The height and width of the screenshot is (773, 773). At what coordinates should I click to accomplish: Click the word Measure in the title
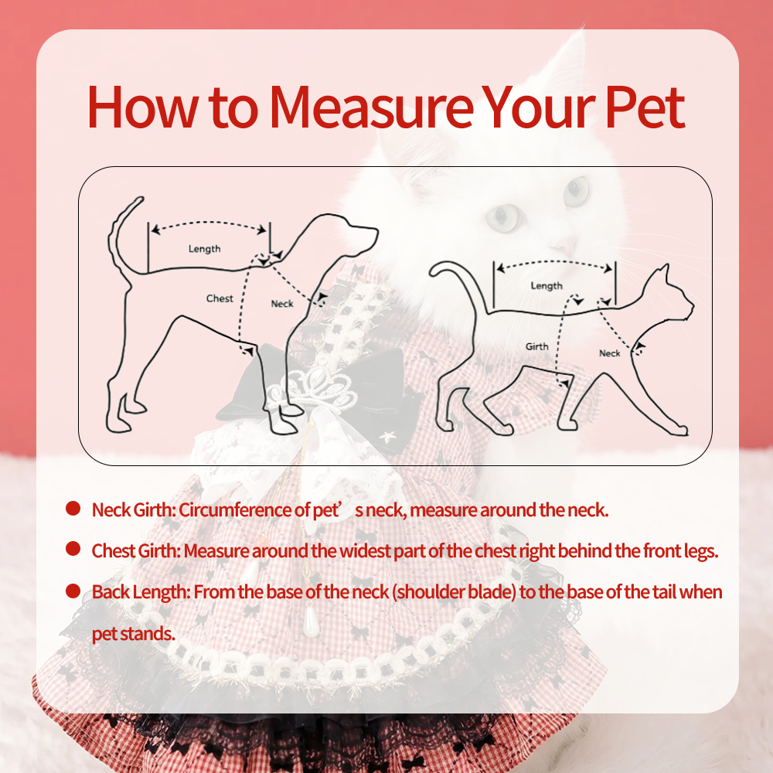[x=371, y=107]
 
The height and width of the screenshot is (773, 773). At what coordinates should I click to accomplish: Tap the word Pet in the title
[x=645, y=107]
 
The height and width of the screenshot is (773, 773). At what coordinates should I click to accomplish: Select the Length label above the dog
[x=205, y=249]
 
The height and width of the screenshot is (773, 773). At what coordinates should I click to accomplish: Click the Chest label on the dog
[x=220, y=298]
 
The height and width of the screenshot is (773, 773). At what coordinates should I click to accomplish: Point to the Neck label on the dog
[x=282, y=304]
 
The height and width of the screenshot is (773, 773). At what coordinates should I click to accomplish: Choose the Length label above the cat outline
[x=547, y=286]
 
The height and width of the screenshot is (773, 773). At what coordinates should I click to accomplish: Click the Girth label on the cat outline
[x=537, y=346]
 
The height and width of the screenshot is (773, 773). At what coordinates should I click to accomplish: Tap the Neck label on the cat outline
[x=609, y=353]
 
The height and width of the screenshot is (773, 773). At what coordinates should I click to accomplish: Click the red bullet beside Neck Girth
[x=73, y=509]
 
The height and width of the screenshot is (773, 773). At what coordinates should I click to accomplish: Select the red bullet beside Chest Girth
[x=73, y=549]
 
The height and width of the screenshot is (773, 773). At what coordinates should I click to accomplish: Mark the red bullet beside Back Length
[x=73, y=591]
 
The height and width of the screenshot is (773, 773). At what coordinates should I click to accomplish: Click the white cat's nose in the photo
[x=564, y=245]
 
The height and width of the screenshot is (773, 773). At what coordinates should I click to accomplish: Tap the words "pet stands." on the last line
[x=134, y=634]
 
